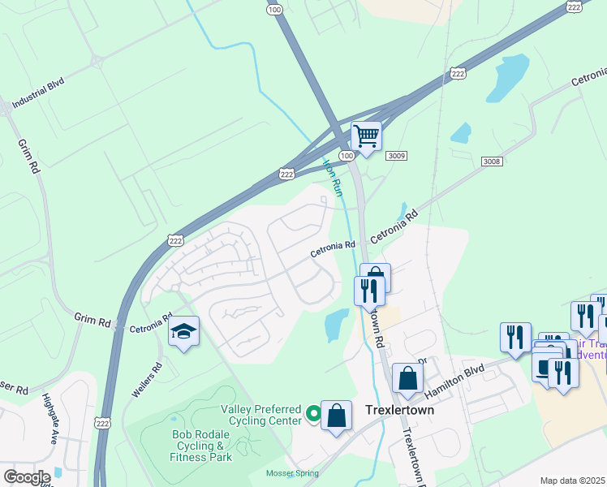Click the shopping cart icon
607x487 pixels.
click(x=367, y=136)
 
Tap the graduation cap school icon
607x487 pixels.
click(x=184, y=331)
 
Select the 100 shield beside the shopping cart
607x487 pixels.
click(x=347, y=155)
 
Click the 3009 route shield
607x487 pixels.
click(x=396, y=155)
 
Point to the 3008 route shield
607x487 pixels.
click(x=491, y=162)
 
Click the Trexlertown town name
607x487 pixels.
click(x=399, y=411)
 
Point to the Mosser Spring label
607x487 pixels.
click(x=291, y=473)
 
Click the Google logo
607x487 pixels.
click(x=26, y=477)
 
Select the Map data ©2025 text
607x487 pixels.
click(x=572, y=481)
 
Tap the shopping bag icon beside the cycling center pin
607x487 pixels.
click(x=336, y=416)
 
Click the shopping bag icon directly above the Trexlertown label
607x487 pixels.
click(x=407, y=378)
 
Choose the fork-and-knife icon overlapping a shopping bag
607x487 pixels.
click(x=368, y=291)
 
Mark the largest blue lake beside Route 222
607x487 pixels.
click(x=510, y=75)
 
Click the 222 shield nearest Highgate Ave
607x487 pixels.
click(x=102, y=423)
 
